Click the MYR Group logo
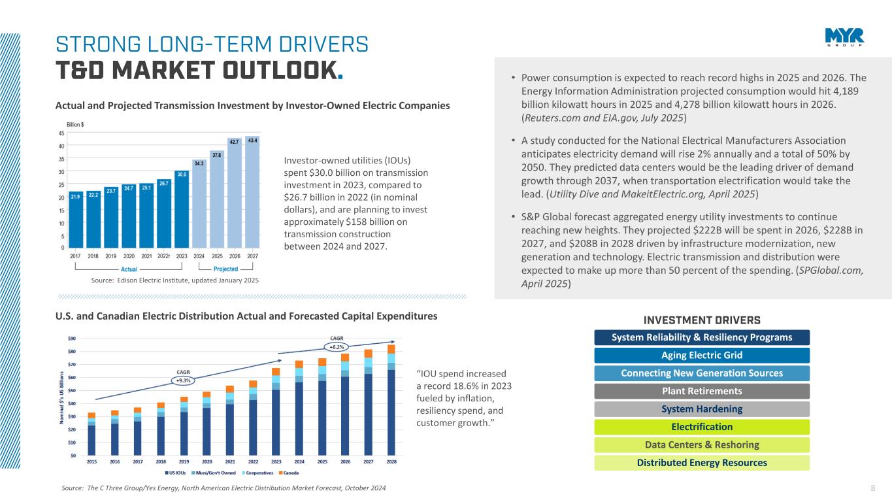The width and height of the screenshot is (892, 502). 844,37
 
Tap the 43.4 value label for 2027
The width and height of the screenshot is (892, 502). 252,141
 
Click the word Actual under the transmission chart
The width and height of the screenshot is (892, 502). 129,269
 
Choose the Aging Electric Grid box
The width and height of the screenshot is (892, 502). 702,356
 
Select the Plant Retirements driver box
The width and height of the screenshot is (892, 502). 702,392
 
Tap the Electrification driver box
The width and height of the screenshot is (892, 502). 702,427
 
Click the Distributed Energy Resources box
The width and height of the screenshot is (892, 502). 702,463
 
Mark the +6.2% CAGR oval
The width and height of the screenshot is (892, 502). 337,346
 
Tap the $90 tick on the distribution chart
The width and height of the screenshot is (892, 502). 72,338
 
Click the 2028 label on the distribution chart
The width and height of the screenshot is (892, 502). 391,461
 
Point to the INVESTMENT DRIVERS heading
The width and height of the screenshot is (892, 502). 702,320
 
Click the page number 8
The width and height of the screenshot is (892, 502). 874,488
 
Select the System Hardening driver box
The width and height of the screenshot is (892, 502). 702,409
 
